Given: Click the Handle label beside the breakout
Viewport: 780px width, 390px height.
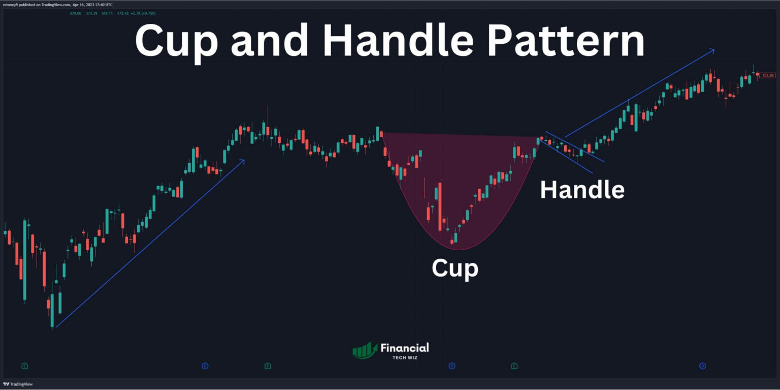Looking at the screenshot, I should pyautogui.click(x=582, y=190).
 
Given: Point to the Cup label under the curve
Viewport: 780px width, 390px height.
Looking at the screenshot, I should pyautogui.click(x=454, y=268).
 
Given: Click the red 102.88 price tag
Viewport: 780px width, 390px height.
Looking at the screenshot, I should pyautogui.click(x=767, y=75).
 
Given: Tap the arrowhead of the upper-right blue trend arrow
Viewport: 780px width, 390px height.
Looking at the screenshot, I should pyautogui.click(x=712, y=50).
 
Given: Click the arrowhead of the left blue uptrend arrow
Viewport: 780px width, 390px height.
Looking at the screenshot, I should pyautogui.click(x=243, y=161).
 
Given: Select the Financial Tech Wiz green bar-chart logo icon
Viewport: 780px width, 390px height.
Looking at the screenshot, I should pyautogui.click(x=365, y=350).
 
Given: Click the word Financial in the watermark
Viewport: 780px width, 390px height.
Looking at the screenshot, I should pyautogui.click(x=405, y=348).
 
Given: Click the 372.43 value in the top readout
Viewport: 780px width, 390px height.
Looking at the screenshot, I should pyautogui.click(x=123, y=13).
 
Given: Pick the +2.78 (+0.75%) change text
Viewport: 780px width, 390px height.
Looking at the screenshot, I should pyautogui.click(x=144, y=13).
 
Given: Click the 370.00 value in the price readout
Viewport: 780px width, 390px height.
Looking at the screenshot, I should pyautogui.click(x=76, y=13).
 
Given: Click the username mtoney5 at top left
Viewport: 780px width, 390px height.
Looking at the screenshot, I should pyautogui.click(x=12, y=5).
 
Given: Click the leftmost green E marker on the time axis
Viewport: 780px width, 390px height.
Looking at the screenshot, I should pyautogui.click(x=24, y=366).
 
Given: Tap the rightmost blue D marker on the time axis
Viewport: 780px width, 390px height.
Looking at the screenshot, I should pyautogui.click(x=702, y=366).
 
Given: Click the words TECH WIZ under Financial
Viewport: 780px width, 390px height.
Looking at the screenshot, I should pyautogui.click(x=405, y=357).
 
